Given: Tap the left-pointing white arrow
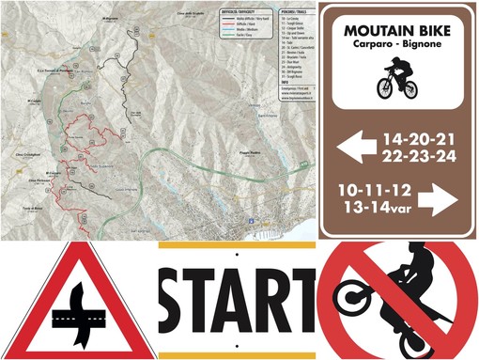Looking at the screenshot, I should pos(355,147).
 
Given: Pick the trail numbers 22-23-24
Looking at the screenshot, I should pos(421,155).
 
